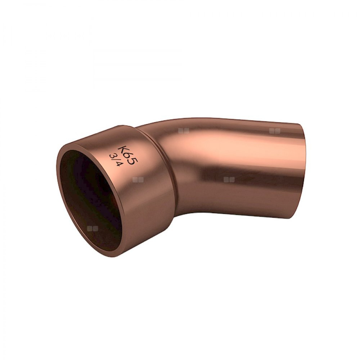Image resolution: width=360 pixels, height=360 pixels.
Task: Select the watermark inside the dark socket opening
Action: (x=93, y=228)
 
